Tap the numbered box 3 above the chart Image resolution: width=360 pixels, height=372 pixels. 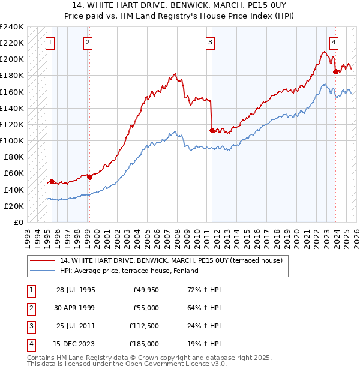(x=211, y=43)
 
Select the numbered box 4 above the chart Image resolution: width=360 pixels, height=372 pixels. (x=334, y=43)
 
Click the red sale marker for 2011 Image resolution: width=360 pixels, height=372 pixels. (x=212, y=130)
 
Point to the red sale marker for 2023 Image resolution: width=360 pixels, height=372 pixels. (x=336, y=71)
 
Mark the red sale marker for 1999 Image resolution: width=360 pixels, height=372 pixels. (x=89, y=177)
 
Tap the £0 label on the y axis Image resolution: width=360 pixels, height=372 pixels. (x=17, y=222)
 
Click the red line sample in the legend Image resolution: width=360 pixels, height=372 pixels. (x=42, y=260)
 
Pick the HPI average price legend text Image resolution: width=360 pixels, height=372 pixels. (x=128, y=271)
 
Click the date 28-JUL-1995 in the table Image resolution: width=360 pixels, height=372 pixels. (x=76, y=290)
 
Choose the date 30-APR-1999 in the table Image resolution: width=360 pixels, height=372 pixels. (x=76, y=308)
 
